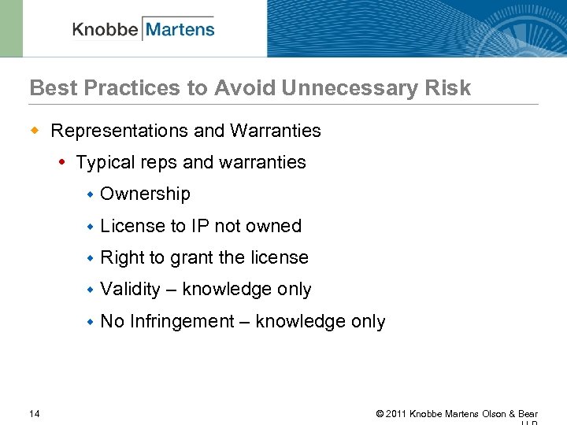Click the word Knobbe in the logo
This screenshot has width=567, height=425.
105,30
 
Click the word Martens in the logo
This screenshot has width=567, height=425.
180,30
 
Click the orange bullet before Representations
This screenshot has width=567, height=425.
35,130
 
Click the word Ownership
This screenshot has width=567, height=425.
145,194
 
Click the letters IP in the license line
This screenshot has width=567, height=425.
200,226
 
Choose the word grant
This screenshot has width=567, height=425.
191,258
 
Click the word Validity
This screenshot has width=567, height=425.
130,290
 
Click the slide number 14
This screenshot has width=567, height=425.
35,414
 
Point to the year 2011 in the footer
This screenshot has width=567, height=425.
396,414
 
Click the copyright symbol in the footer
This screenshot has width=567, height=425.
380,414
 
